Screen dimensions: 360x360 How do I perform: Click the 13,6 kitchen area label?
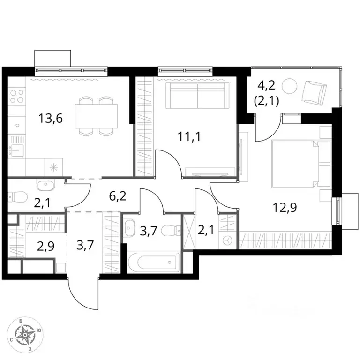[51, 119]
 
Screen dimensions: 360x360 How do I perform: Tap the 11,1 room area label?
[189, 136]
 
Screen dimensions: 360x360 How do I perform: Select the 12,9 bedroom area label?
[285, 208]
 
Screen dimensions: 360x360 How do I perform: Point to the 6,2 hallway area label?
[118, 196]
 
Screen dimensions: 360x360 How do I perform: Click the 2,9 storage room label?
[45, 247]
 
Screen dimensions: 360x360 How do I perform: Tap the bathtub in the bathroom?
[154, 263]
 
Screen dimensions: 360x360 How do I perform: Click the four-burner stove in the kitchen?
[17, 96]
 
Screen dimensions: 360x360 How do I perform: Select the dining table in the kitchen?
[96, 116]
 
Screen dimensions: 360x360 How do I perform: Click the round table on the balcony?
[290, 86]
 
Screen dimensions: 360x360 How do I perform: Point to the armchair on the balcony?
[314, 92]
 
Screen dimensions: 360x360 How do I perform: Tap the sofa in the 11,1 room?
[197, 96]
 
